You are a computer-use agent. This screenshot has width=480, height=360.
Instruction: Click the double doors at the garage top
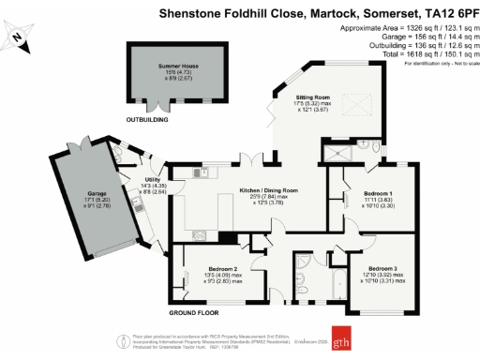69,150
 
